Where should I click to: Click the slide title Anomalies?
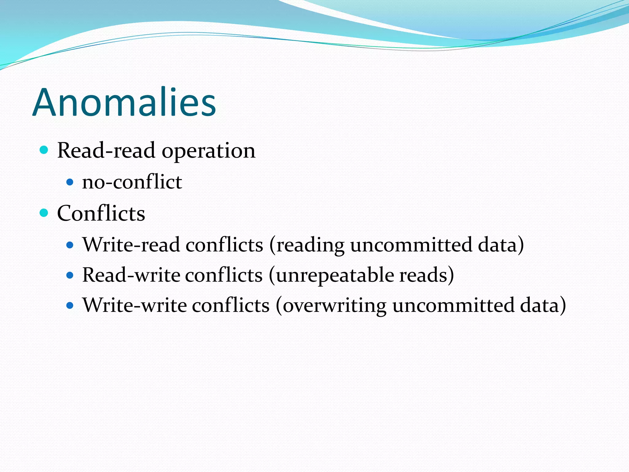click(x=124, y=102)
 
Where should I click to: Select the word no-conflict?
click(x=132, y=182)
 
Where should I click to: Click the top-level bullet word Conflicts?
click(x=101, y=213)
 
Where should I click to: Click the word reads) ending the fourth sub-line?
click(x=426, y=275)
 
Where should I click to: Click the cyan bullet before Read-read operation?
click(x=44, y=150)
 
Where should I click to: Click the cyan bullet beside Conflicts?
click(x=44, y=213)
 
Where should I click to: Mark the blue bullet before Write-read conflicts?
click(x=70, y=245)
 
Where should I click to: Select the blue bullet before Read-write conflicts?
click(x=70, y=275)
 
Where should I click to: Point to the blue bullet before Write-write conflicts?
click(x=70, y=306)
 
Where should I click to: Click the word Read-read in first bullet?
click(x=106, y=151)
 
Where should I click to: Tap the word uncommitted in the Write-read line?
click(x=411, y=245)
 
